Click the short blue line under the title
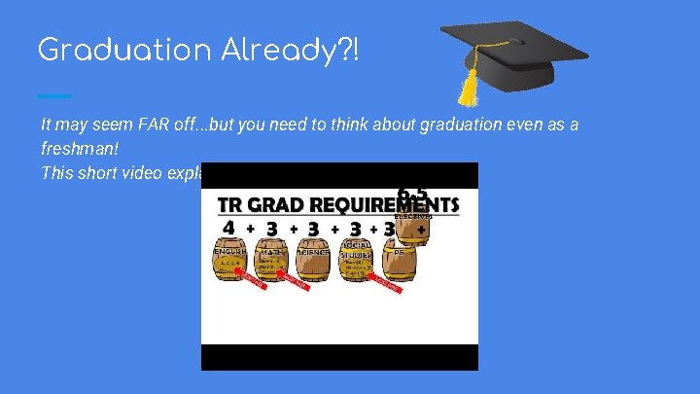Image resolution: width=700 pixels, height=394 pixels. click(x=53, y=95)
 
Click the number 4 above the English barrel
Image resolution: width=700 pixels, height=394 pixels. click(x=227, y=228)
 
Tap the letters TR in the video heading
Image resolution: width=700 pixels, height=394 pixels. click(x=231, y=205)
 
